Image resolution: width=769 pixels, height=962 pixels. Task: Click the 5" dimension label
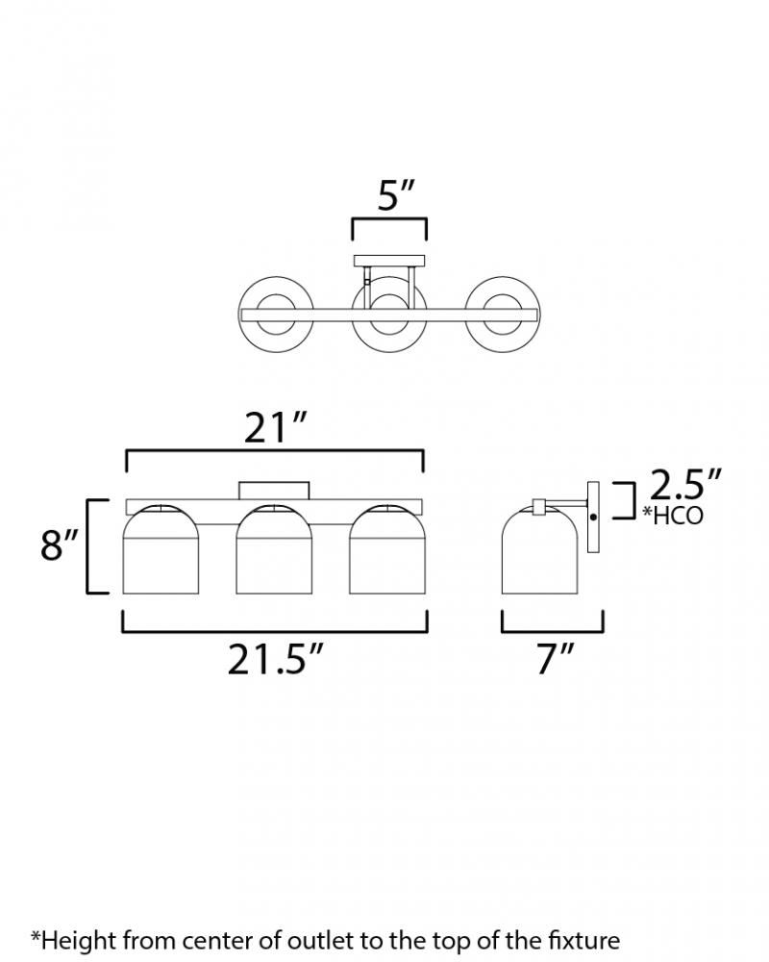[396, 195]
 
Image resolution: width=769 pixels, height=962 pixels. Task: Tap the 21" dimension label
[274, 428]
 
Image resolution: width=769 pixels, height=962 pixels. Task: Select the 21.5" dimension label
[274, 660]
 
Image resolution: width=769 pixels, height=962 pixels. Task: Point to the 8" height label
[60, 544]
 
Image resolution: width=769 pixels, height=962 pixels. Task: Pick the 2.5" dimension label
[684, 485]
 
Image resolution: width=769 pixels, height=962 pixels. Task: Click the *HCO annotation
[673, 516]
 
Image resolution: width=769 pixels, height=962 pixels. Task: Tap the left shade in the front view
[161, 549]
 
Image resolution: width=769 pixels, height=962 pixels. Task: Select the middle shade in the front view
[274, 549]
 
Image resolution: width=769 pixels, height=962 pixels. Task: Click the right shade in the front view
[387, 549]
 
